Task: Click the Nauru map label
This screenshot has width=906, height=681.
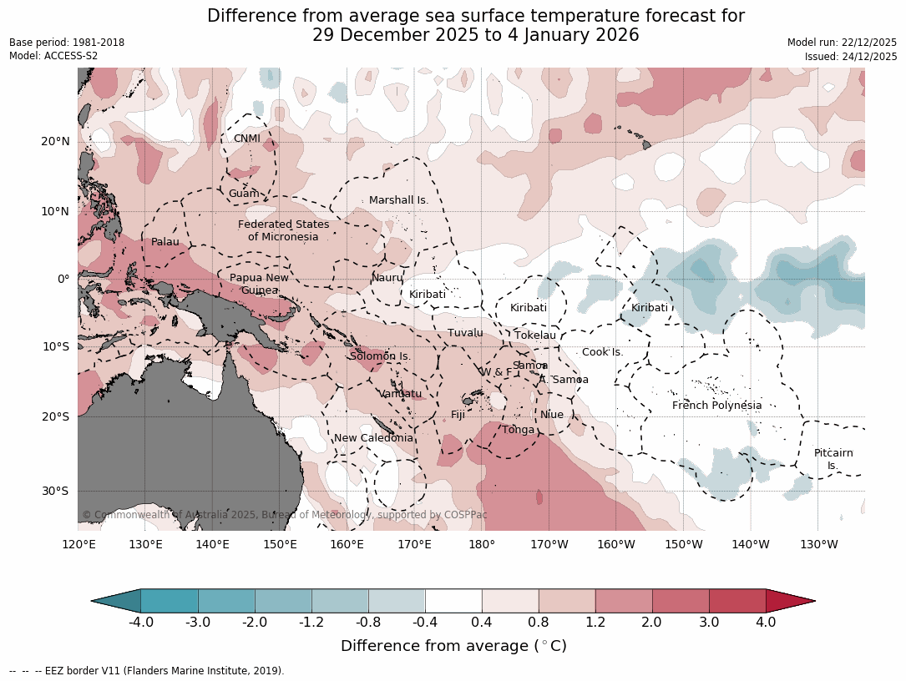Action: [x=387, y=278]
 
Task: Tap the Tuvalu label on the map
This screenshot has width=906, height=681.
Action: [x=465, y=333]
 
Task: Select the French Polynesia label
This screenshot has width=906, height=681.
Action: [x=716, y=406]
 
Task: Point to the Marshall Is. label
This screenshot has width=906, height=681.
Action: [x=398, y=200]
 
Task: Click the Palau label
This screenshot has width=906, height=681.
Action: [x=164, y=242]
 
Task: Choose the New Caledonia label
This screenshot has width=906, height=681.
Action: [x=373, y=438]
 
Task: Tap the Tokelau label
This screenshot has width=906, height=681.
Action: [x=534, y=335]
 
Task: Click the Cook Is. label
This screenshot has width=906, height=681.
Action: [x=602, y=352]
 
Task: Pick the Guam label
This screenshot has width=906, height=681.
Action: [x=243, y=194]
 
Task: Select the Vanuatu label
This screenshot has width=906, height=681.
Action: [x=401, y=394]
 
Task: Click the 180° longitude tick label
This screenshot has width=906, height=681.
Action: [x=482, y=545]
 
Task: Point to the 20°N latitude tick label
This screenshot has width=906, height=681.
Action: [x=55, y=141]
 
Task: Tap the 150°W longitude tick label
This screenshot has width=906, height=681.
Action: [x=683, y=545]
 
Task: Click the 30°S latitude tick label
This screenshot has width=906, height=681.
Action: [x=55, y=491]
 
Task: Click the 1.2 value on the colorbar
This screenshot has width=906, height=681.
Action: [x=595, y=622]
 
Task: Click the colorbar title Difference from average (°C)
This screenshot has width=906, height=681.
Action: [x=453, y=646]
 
